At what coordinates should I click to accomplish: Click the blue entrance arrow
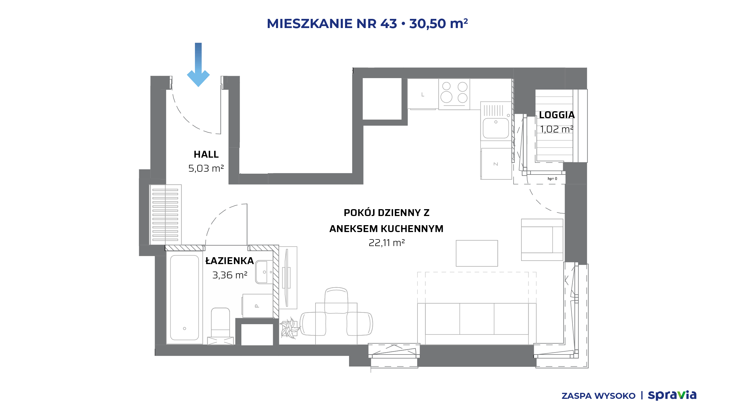(x=198, y=64)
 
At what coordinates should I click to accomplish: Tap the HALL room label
(x=206, y=154)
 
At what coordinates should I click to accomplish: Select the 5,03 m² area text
(x=206, y=168)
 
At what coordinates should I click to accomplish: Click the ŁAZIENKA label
(x=230, y=261)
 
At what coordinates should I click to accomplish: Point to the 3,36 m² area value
(x=230, y=275)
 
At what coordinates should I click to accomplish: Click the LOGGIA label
(x=557, y=115)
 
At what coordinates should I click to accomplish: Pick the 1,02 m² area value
(x=557, y=129)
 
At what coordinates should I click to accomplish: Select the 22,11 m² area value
(x=387, y=243)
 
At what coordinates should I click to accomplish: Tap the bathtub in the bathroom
(x=184, y=298)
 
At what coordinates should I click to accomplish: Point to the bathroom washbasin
(x=264, y=272)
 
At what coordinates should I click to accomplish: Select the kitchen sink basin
(x=496, y=128)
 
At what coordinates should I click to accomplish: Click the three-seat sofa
(x=477, y=323)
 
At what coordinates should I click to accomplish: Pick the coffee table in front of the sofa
(x=477, y=253)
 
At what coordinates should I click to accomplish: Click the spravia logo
(x=672, y=395)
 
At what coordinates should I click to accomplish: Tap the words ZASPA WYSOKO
(x=598, y=396)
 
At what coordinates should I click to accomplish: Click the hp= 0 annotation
(x=552, y=179)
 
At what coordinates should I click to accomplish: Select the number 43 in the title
(x=389, y=23)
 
